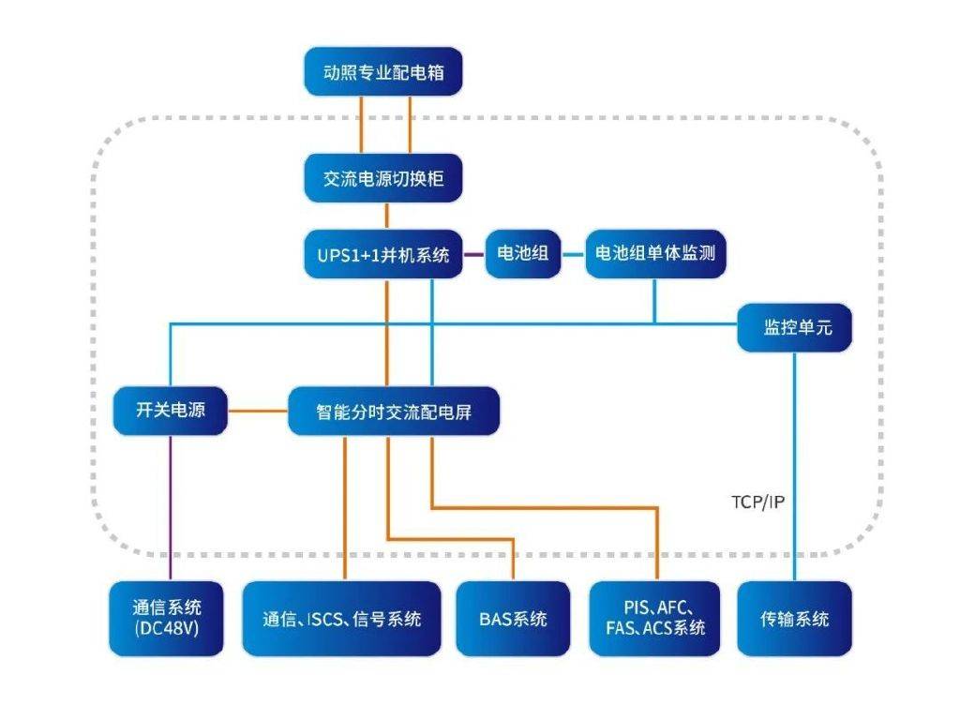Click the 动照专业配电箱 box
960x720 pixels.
[383, 71]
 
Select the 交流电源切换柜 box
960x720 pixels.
[383, 178]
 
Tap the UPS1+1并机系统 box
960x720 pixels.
[383, 254]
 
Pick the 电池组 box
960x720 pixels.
[523, 254]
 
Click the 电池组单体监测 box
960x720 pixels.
[655, 254]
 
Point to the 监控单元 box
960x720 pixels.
[795, 327]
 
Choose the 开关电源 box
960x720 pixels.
[171, 411]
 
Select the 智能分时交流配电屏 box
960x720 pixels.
[394, 411]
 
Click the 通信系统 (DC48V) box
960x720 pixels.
[167, 619]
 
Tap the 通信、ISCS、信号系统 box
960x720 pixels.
[341, 619]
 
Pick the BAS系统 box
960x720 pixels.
[513, 619]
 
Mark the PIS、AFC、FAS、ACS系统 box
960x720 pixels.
[655, 619]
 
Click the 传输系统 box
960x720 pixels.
[795, 619]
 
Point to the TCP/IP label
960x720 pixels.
[757, 502]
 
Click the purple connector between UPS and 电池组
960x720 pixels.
[473, 255]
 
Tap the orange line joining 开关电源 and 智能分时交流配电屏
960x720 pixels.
[258, 411]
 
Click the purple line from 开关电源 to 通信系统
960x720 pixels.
[171, 508]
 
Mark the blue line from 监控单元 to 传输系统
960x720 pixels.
[795, 467]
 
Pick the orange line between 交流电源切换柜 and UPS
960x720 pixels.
[387, 217]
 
